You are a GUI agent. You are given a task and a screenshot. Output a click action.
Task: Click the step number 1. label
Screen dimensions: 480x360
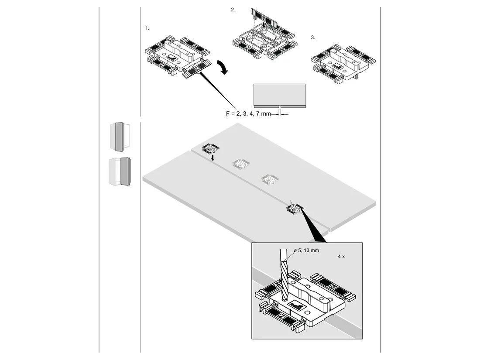147,28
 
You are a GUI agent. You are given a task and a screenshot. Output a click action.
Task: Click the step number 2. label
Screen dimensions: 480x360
233,10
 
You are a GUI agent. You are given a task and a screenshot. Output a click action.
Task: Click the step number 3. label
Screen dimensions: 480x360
313,38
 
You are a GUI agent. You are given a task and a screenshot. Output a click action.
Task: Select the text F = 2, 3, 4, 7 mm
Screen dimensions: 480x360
248,113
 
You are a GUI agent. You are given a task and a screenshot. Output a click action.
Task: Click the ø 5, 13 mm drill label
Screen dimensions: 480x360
306,250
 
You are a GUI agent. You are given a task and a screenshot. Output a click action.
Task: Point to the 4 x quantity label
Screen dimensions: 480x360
341,257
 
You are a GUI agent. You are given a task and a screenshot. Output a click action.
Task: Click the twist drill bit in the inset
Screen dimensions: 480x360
284,274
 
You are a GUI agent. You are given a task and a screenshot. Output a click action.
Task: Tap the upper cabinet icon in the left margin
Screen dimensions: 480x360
120,137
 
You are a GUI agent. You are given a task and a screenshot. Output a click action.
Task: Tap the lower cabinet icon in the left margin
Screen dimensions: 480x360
120,171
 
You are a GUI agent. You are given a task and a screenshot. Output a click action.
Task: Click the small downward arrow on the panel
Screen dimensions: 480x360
213,158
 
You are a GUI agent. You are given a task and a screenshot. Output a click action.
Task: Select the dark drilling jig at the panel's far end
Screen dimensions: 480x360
211,148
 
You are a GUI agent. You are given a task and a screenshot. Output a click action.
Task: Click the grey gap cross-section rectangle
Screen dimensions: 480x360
280,96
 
